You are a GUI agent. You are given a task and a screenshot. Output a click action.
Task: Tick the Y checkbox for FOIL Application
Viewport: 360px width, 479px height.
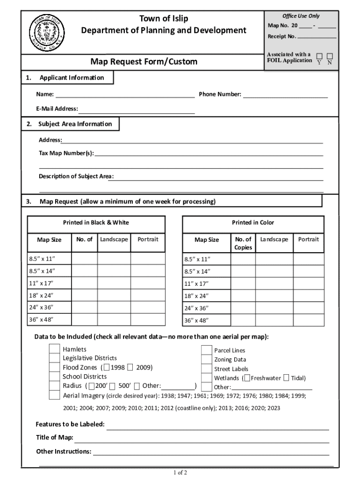[x=319, y=56]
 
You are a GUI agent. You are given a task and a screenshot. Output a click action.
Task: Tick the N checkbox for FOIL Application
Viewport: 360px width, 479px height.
[x=330, y=56]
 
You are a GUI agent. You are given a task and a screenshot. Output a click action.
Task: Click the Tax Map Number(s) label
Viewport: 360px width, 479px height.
[x=66, y=152]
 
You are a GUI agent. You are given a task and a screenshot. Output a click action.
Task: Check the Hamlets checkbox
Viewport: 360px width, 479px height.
[x=55, y=349]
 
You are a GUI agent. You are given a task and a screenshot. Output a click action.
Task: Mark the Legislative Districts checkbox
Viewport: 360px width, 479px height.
[x=55, y=358]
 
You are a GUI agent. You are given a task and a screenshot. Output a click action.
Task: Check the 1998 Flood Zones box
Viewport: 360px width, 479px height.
[x=108, y=367]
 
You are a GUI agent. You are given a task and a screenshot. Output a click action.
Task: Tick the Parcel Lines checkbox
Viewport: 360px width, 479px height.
[x=206, y=350]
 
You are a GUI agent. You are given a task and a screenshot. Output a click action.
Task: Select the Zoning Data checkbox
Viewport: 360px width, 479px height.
[x=206, y=359]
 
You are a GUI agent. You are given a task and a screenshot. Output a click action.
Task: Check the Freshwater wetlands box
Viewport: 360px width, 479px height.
[x=247, y=378]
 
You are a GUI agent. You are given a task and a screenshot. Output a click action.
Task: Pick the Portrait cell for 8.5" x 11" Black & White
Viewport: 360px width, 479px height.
[x=148, y=259]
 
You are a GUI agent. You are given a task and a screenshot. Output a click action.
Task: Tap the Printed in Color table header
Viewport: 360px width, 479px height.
[x=253, y=223]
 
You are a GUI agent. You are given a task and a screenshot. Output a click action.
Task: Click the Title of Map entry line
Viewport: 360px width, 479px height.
[x=202, y=439]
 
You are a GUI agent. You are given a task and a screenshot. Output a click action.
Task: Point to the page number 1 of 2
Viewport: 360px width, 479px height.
[x=180, y=472]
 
